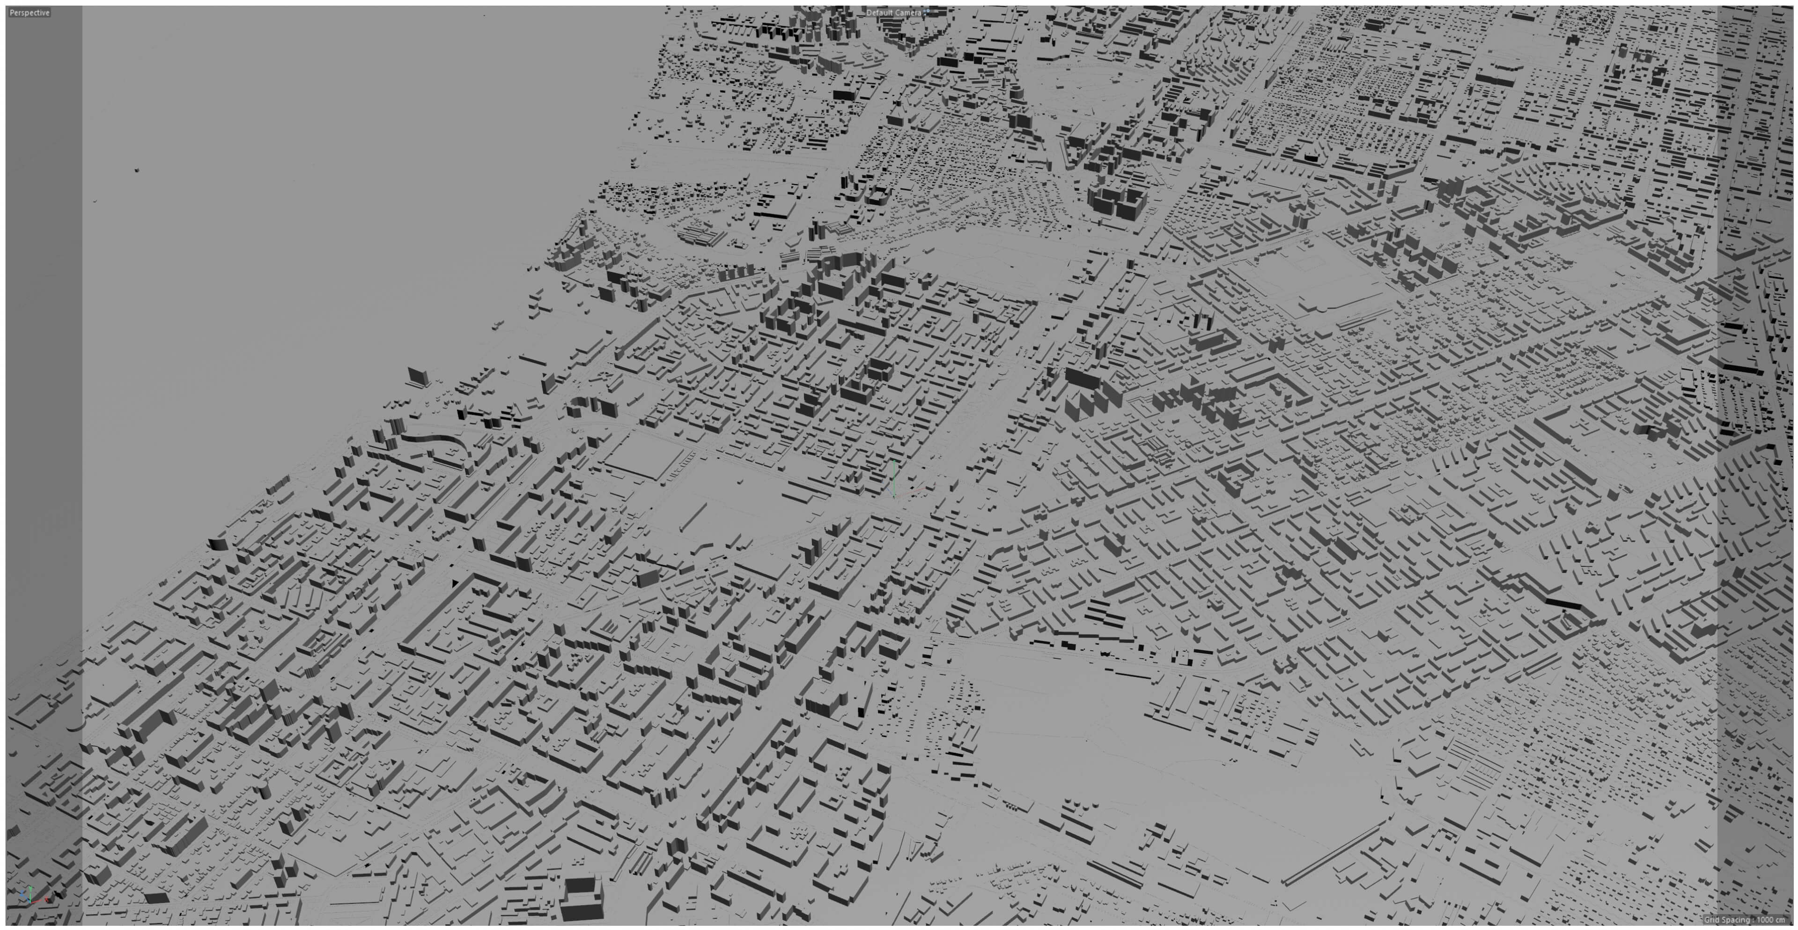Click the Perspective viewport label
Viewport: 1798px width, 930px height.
[x=29, y=13]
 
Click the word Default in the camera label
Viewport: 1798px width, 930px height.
[x=879, y=13]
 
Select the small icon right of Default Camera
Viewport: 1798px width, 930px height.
[x=928, y=12]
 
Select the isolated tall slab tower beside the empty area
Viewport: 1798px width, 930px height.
[x=419, y=377]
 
